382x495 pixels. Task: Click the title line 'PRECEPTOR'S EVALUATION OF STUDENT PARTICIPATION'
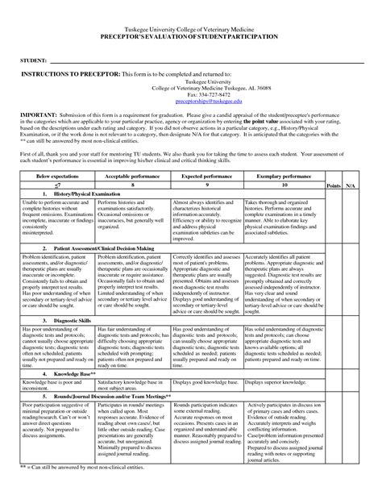tap(191, 38)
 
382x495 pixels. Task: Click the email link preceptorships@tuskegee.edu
tap(190, 102)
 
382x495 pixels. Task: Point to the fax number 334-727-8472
tap(190, 95)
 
